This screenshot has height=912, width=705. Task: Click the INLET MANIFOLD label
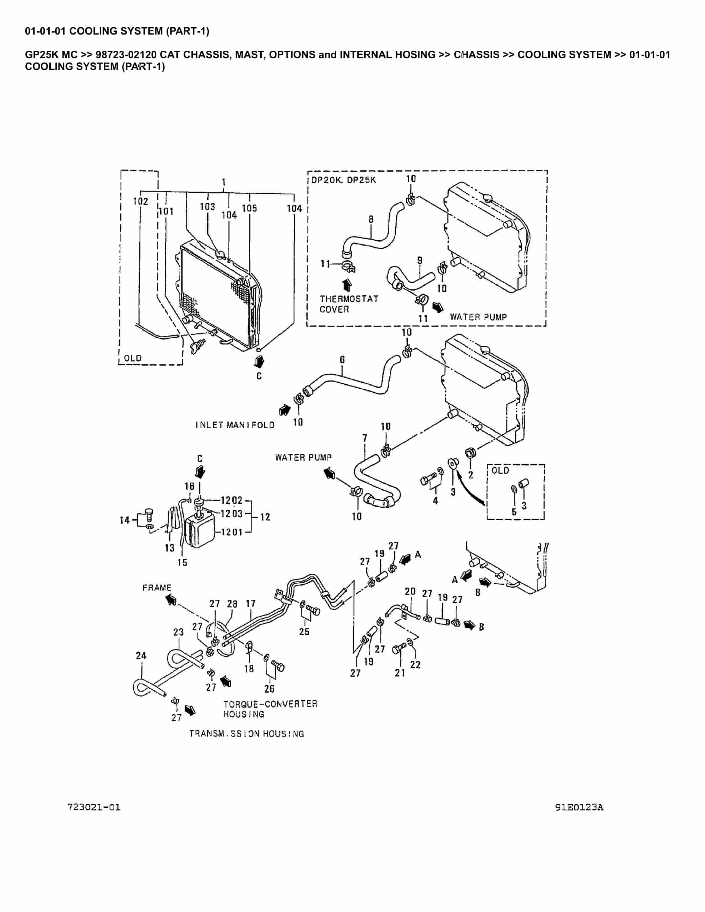pyautogui.click(x=235, y=425)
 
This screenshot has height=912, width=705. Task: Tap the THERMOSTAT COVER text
pyautogui.click(x=349, y=304)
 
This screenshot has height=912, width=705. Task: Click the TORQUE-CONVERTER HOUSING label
pyautogui.click(x=270, y=709)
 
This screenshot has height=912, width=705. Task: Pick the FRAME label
pyautogui.click(x=157, y=588)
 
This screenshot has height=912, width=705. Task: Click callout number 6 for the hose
pyautogui.click(x=342, y=360)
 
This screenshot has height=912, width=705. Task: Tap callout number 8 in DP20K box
pyautogui.click(x=371, y=219)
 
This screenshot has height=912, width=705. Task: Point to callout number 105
pyautogui.click(x=249, y=208)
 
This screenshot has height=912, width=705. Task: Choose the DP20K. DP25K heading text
pyautogui.click(x=343, y=180)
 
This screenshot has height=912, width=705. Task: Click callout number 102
pyautogui.click(x=140, y=201)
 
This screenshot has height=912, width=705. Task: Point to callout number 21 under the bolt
pyautogui.click(x=400, y=673)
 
